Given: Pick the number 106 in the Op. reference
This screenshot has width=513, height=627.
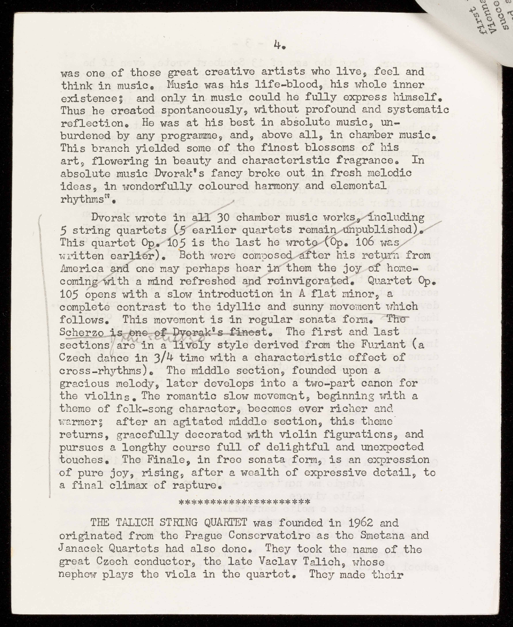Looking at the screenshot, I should pos(369,242).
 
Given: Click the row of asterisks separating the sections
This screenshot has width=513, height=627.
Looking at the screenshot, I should pos(244,501).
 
